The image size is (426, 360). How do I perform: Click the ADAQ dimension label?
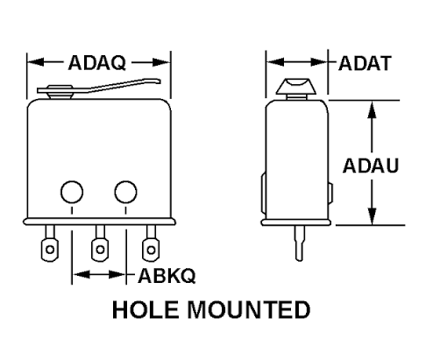[96, 63]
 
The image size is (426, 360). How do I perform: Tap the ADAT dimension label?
[365, 63]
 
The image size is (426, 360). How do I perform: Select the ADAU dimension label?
[371, 166]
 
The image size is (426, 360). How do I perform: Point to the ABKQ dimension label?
[167, 276]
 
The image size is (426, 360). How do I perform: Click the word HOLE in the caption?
[146, 309]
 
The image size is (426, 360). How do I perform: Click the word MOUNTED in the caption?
[249, 309]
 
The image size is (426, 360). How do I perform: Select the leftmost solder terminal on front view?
[50, 244]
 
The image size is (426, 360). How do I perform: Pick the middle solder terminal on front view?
[100, 244]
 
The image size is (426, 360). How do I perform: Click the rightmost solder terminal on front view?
[151, 244]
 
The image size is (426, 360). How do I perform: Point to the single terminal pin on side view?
[299, 243]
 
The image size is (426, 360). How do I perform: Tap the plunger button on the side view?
[296, 87]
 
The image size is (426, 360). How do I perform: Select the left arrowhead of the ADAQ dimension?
[36, 62]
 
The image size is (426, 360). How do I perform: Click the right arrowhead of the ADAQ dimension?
[161, 62]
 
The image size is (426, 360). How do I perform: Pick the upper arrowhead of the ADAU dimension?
[372, 109]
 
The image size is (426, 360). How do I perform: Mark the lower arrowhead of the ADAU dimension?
[372, 216]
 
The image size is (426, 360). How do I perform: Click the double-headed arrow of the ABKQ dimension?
[99, 274]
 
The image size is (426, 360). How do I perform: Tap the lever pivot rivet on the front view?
[60, 92]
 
